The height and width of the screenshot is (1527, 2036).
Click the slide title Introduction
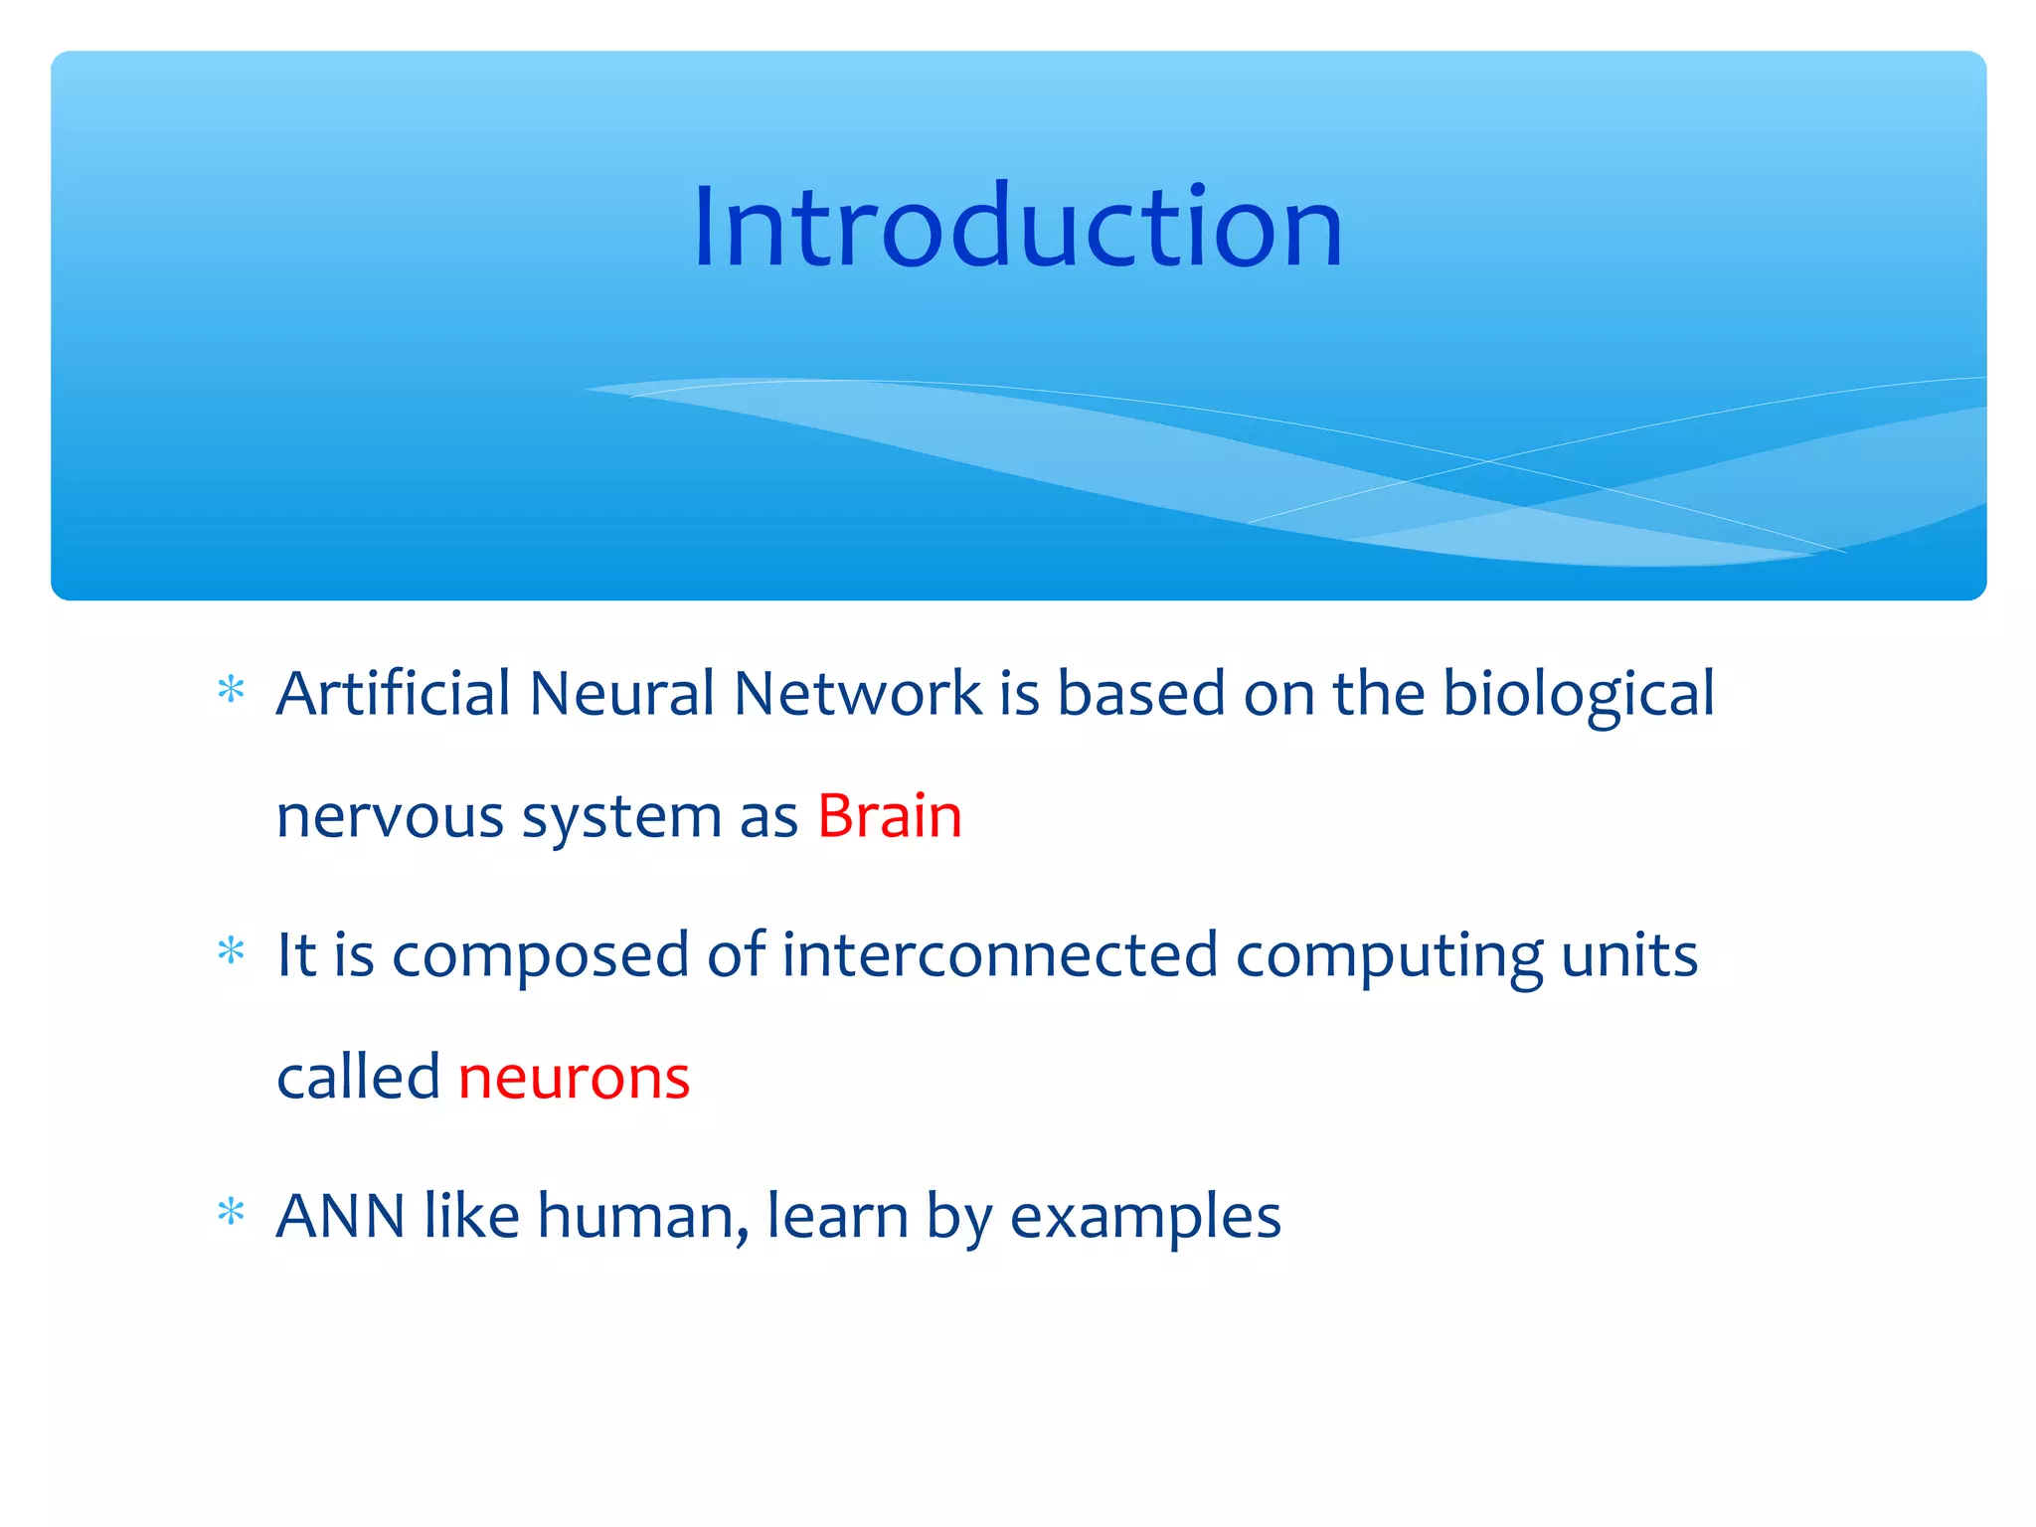coord(1018,229)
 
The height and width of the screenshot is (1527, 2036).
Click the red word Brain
coord(889,817)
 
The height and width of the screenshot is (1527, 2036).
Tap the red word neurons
coord(574,1078)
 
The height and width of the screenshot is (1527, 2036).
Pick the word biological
coord(1578,695)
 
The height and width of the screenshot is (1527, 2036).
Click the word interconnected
coord(999,954)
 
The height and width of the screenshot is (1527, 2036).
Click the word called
coord(358,1078)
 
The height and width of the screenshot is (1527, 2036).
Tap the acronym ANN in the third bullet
coord(340,1216)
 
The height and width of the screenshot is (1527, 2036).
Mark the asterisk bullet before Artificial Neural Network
coord(231,690)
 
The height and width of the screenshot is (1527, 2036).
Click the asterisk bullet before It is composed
coord(231,951)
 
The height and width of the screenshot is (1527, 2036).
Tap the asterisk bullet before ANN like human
coord(231,1212)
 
